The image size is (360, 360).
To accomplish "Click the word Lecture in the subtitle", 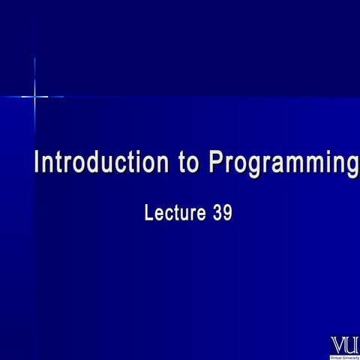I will coord(174,213).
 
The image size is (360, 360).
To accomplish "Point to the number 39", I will coord(222,213).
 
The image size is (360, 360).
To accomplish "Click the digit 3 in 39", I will coord(217,213).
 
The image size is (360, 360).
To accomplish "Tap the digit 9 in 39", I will coord(227,213).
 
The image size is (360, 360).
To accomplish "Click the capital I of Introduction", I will coord(38,163).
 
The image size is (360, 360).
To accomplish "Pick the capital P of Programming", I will coord(217,163).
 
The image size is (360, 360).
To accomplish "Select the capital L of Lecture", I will coord(148,213).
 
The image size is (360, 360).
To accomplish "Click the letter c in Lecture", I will coord(169,214).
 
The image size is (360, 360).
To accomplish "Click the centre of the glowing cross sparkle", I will coord(34,96).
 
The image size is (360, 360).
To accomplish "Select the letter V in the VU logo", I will coord(338,344).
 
